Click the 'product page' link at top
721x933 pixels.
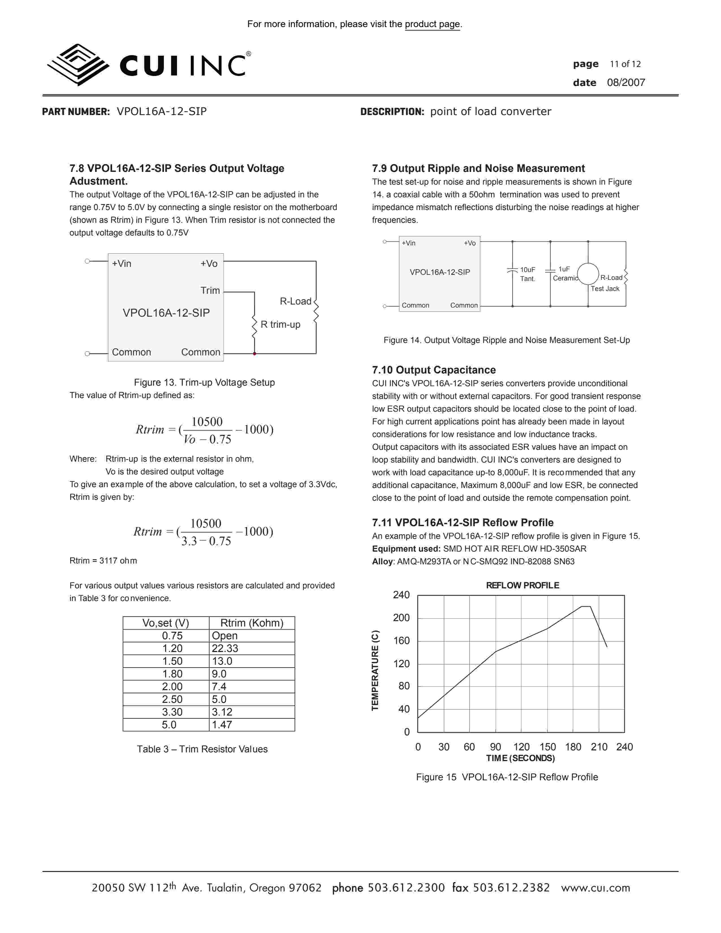pos(432,24)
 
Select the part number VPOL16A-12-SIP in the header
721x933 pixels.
pos(161,111)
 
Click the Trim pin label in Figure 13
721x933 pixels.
pos(210,290)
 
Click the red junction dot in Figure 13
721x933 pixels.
pos(254,354)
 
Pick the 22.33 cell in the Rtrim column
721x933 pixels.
pos(225,649)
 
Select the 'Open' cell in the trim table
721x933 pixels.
pos(225,636)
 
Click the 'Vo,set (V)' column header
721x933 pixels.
pos(166,623)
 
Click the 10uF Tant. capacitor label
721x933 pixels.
pos(528,274)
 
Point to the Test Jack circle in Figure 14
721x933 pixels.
pos(588,274)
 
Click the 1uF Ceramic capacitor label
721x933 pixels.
pos(565,274)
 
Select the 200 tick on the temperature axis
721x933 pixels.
pos(401,618)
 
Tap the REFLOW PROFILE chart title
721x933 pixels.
pos(523,585)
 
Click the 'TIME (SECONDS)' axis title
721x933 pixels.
pos(520,758)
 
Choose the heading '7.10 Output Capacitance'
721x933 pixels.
pos(433,370)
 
